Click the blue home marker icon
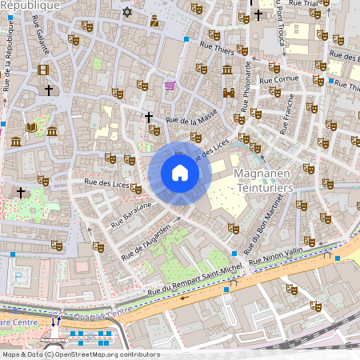pyautogui.click(x=179, y=173)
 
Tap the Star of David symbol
pyautogui.click(x=126, y=12)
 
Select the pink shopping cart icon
pyautogui.click(x=170, y=85)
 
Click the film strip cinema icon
pyautogui.click(x=42, y=70)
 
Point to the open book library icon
pyautogui.click(x=31, y=126)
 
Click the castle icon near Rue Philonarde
pyautogui.click(x=228, y=92)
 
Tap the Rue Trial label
pyautogui.click(x=303, y=4)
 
